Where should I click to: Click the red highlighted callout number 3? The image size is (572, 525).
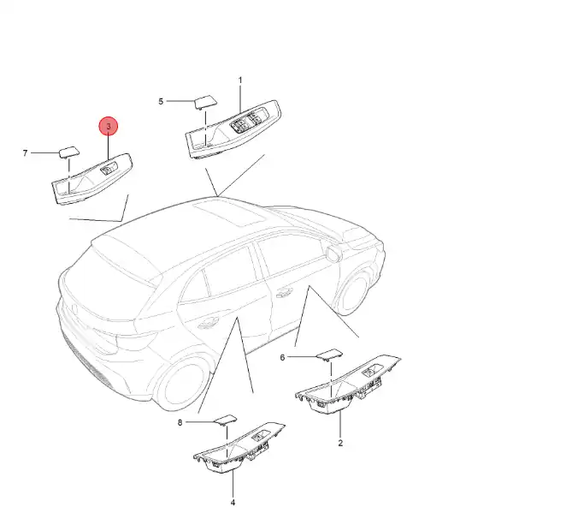point(109,127)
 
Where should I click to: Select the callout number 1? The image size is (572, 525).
point(240,80)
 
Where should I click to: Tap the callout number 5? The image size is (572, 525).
point(161,101)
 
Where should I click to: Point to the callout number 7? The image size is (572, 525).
point(25,153)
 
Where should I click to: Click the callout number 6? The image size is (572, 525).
point(282,357)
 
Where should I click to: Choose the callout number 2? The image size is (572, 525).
point(340,443)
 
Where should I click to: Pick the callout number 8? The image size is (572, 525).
point(180,423)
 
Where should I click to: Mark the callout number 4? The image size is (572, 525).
point(233,503)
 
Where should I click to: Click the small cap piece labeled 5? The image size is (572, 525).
point(205,102)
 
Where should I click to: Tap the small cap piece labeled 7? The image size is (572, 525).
point(69,152)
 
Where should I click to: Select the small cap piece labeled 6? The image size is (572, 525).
point(329,355)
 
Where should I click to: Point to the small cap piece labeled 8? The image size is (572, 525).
point(226,421)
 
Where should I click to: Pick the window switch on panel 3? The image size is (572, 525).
point(109,169)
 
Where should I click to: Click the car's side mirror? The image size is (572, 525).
point(333,254)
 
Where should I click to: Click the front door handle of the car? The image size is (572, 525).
point(285,291)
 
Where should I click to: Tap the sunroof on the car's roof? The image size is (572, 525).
point(229,213)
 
